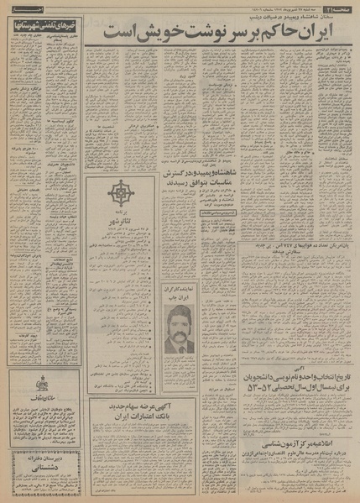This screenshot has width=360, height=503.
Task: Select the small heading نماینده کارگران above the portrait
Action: [175, 286]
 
